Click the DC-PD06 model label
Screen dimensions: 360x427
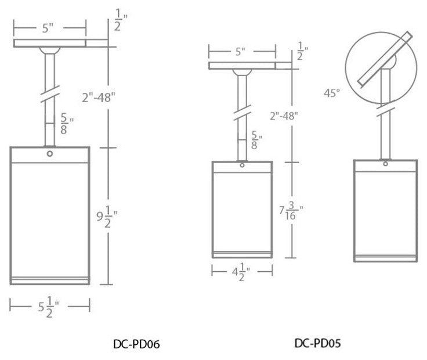tap(136, 344)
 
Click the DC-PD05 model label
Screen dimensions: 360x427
tap(317, 343)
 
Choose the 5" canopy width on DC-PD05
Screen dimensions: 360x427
tap(240, 51)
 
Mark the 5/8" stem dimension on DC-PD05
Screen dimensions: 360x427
tap(257, 141)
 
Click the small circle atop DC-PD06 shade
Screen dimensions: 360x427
tap(50, 154)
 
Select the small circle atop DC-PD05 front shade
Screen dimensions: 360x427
tap(242, 165)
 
